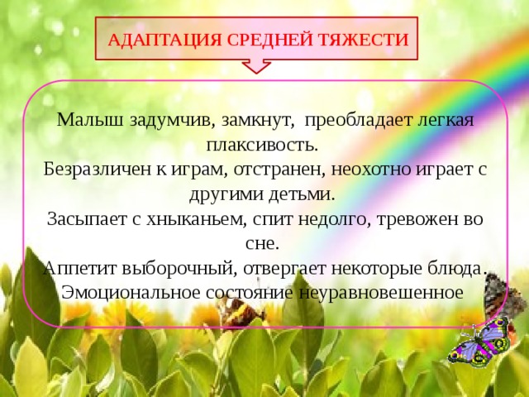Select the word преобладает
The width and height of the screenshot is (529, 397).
pyautogui.click(x=352, y=120)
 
